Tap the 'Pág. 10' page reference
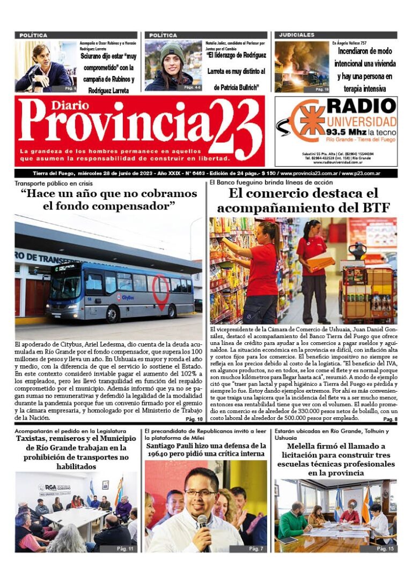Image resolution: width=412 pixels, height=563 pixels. (x=194, y=419)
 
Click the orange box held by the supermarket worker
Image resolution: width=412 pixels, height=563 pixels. (x=320, y=263)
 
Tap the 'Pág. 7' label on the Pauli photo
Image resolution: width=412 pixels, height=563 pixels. (x=256, y=549)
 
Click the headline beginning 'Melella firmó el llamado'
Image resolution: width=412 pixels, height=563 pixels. (x=336, y=460)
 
